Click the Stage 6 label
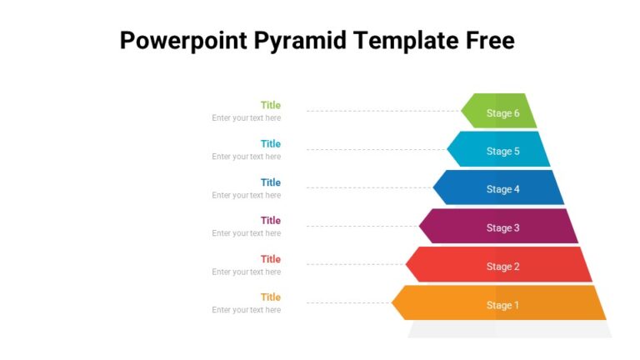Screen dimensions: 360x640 point(502,113)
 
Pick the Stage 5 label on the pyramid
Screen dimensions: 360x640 point(502,152)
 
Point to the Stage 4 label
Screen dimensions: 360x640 point(502,189)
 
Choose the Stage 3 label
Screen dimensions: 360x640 point(502,227)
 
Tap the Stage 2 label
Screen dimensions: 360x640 point(502,267)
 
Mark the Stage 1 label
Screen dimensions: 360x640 point(502,305)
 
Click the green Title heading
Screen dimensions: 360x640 point(271,105)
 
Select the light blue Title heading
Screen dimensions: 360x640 point(271,143)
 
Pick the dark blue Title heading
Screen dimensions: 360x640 point(271,182)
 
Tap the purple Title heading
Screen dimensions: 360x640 point(271,221)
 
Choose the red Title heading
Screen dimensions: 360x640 point(271,259)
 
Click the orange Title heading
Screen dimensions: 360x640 point(271,297)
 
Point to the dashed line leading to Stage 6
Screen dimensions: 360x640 point(383,111)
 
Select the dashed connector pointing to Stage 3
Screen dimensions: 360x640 point(362,226)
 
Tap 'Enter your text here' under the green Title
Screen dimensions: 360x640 point(246,118)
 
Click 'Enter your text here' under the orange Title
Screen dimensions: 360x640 point(246,310)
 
